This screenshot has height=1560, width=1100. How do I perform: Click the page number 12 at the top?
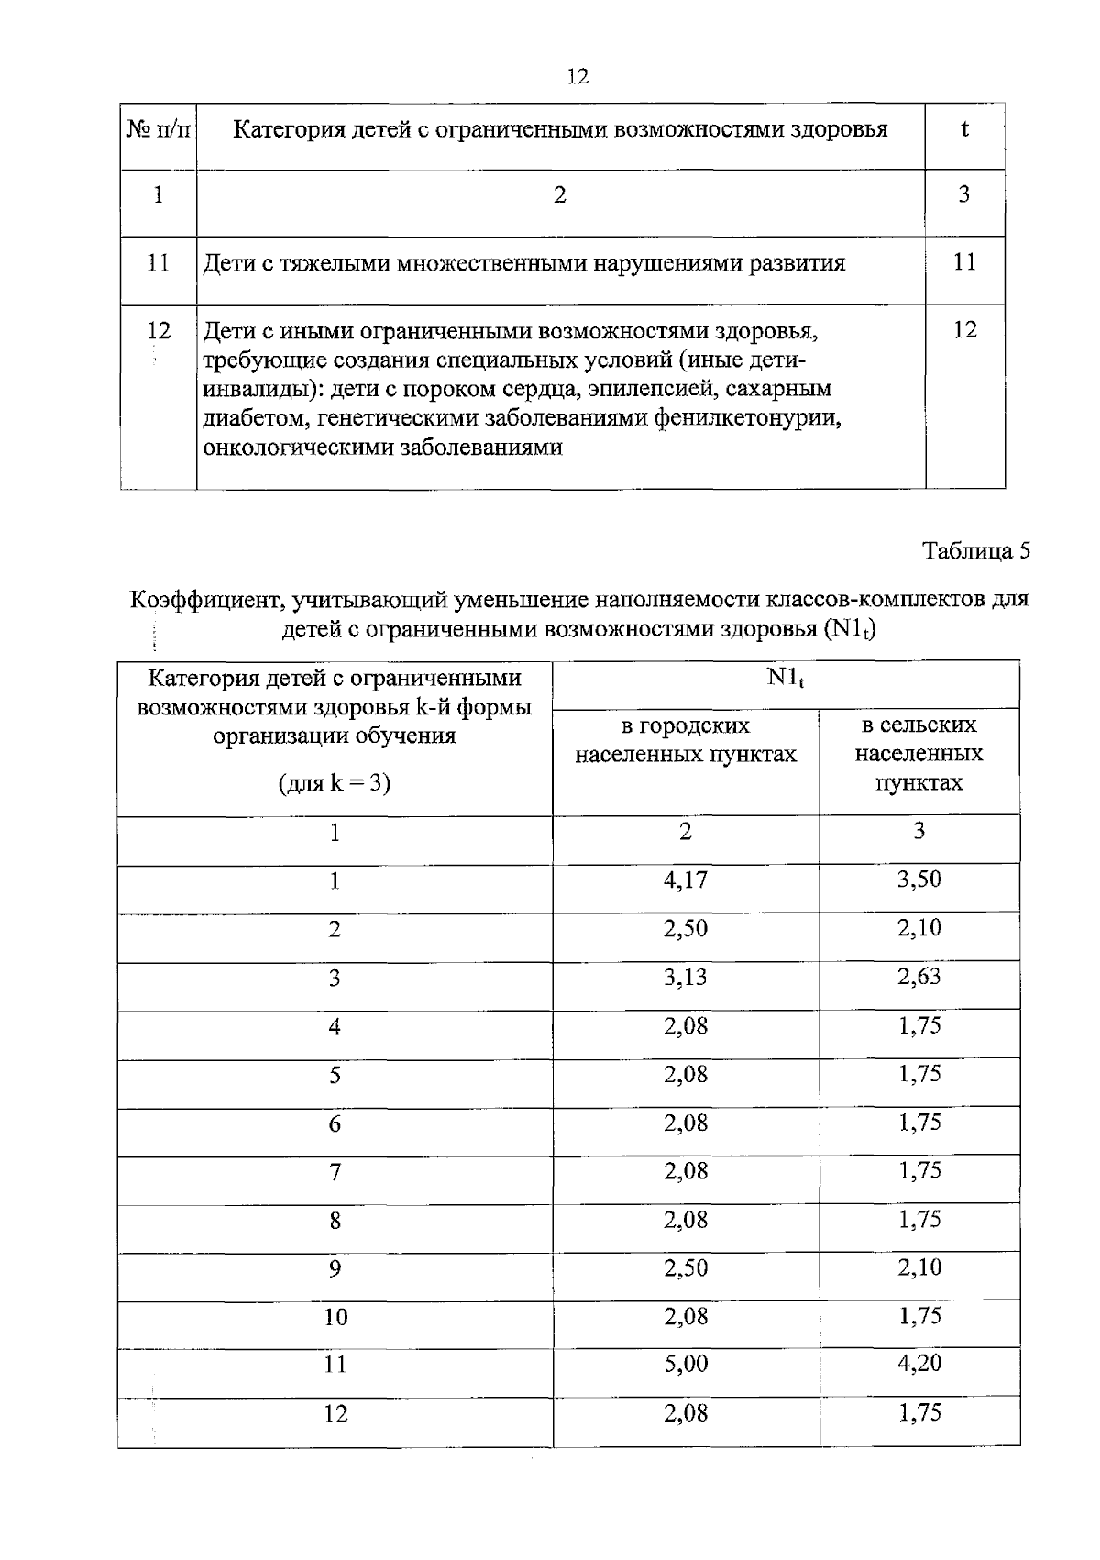click(x=577, y=76)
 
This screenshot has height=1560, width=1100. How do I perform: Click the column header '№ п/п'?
click(x=158, y=130)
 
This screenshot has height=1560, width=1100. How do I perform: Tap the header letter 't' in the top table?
click(x=964, y=129)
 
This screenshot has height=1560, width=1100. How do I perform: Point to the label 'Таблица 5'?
click(x=975, y=551)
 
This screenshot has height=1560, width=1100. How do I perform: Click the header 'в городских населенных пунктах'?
click(x=685, y=740)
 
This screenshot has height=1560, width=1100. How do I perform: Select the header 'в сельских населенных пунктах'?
click(x=918, y=754)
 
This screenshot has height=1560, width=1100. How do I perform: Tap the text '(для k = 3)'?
click(x=335, y=783)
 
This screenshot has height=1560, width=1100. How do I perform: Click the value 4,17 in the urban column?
click(x=685, y=880)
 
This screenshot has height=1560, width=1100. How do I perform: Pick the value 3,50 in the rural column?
click(x=918, y=880)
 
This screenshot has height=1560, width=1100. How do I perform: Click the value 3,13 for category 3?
click(x=685, y=977)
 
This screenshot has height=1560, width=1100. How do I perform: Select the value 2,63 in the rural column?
click(x=918, y=977)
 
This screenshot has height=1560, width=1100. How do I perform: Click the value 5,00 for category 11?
click(x=685, y=1364)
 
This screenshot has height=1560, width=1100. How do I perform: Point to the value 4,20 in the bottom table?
click(x=918, y=1364)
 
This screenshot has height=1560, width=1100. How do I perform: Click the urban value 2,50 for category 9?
click(x=685, y=1267)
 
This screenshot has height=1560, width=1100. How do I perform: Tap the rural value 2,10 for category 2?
click(x=918, y=928)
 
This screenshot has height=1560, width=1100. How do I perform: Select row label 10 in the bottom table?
click(x=335, y=1318)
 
